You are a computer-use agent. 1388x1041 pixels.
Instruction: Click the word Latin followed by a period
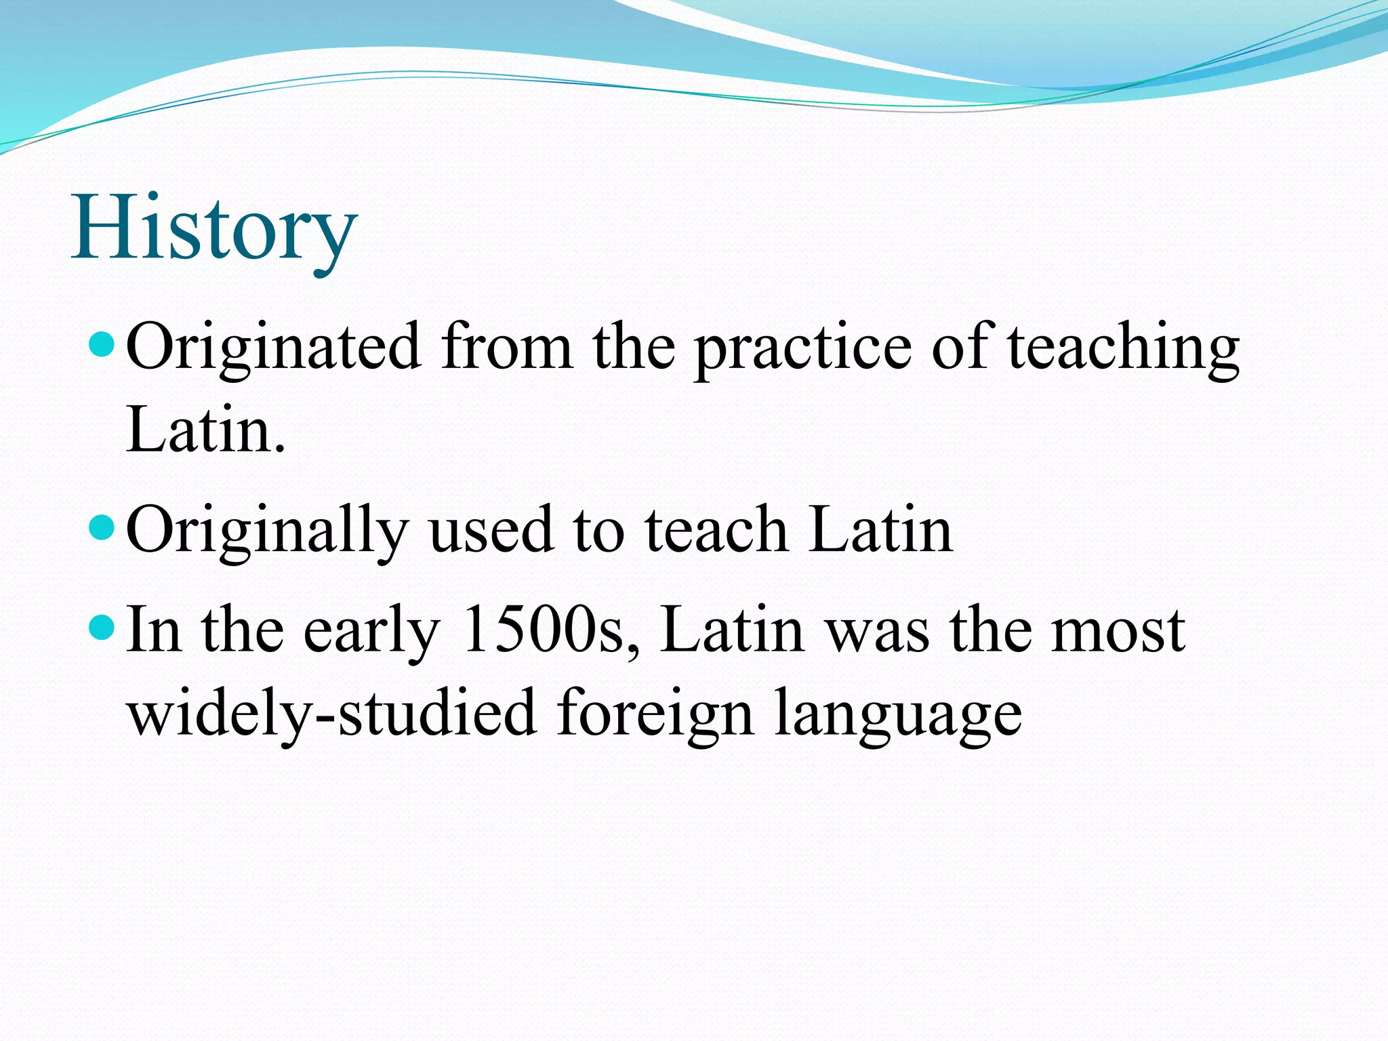tap(205, 429)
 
